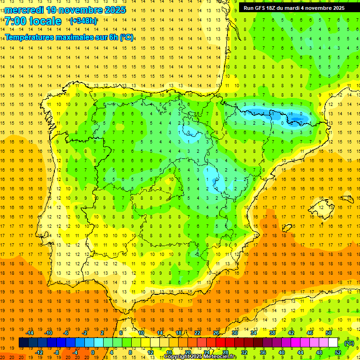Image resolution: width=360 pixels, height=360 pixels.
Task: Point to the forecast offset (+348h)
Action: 83,21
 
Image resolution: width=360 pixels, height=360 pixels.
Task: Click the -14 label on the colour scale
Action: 30,333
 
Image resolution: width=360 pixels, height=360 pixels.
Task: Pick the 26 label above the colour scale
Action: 216,333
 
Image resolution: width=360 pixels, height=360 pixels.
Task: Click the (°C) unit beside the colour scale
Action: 349,343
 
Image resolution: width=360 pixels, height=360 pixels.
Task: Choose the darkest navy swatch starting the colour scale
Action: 23,343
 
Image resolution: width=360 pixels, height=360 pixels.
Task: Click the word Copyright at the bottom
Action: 177,357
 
